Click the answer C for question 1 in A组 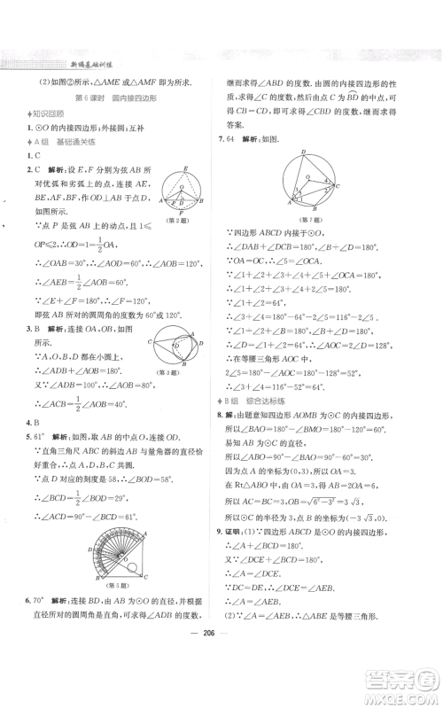tap(30, 155)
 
